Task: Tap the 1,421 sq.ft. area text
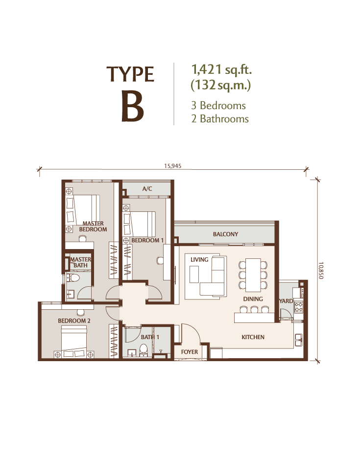pyautogui.click(x=221, y=70)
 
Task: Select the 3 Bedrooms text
pyautogui.click(x=218, y=105)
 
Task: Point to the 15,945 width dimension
pyautogui.click(x=172, y=166)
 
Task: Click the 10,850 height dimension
pyautogui.click(x=321, y=270)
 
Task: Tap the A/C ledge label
pyautogui.click(x=147, y=189)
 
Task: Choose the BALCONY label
pyautogui.click(x=225, y=234)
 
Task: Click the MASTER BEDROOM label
pyautogui.click(x=93, y=226)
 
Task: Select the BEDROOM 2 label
pyautogui.click(x=74, y=321)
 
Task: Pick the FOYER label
pyautogui.click(x=190, y=352)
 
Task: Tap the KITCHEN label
pyautogui.click(x=253, y=337)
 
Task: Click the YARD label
pyautogui.click(x=286, y=301)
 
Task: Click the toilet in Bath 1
pyautogui.click(x=144, y=350)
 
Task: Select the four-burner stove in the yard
pyautogui.click(x=298, y=307)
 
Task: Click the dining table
pyautogui.click(x=253, y=275)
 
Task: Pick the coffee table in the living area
pyautogui.click(x=194, y=274)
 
